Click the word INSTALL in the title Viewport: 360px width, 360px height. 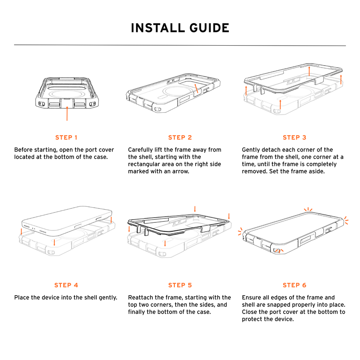tap(158, 28)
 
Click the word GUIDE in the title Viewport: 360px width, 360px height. tap(209, 28)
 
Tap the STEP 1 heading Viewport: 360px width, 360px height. tap(66, 138)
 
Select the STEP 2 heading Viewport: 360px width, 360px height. tap(180, 138)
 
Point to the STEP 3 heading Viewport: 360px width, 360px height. tap(294, 138)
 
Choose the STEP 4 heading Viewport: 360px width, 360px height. tap(66, 285)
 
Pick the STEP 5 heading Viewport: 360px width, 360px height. tap(180, 285)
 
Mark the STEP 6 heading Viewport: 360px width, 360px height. tap(294, 285)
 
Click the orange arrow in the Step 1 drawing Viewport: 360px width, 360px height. tap(67, 114)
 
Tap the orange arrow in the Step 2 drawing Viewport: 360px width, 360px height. tap(196, 88)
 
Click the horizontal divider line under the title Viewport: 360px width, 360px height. tap(180, 45)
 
